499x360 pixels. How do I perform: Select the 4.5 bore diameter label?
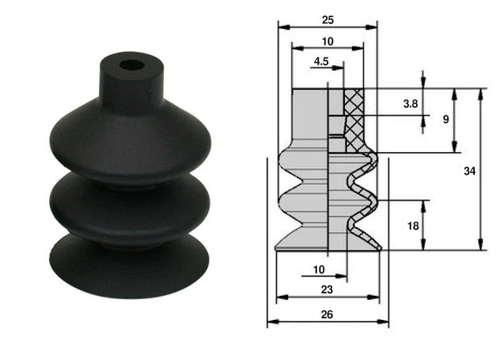[x=321, y=61]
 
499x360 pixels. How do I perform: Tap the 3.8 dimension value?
[x=410, y=104]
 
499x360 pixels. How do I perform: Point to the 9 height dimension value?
[x=446, y=119]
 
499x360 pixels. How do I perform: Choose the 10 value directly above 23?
[x=319, y=269]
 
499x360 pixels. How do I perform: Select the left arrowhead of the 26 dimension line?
[x=269, y=323]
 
